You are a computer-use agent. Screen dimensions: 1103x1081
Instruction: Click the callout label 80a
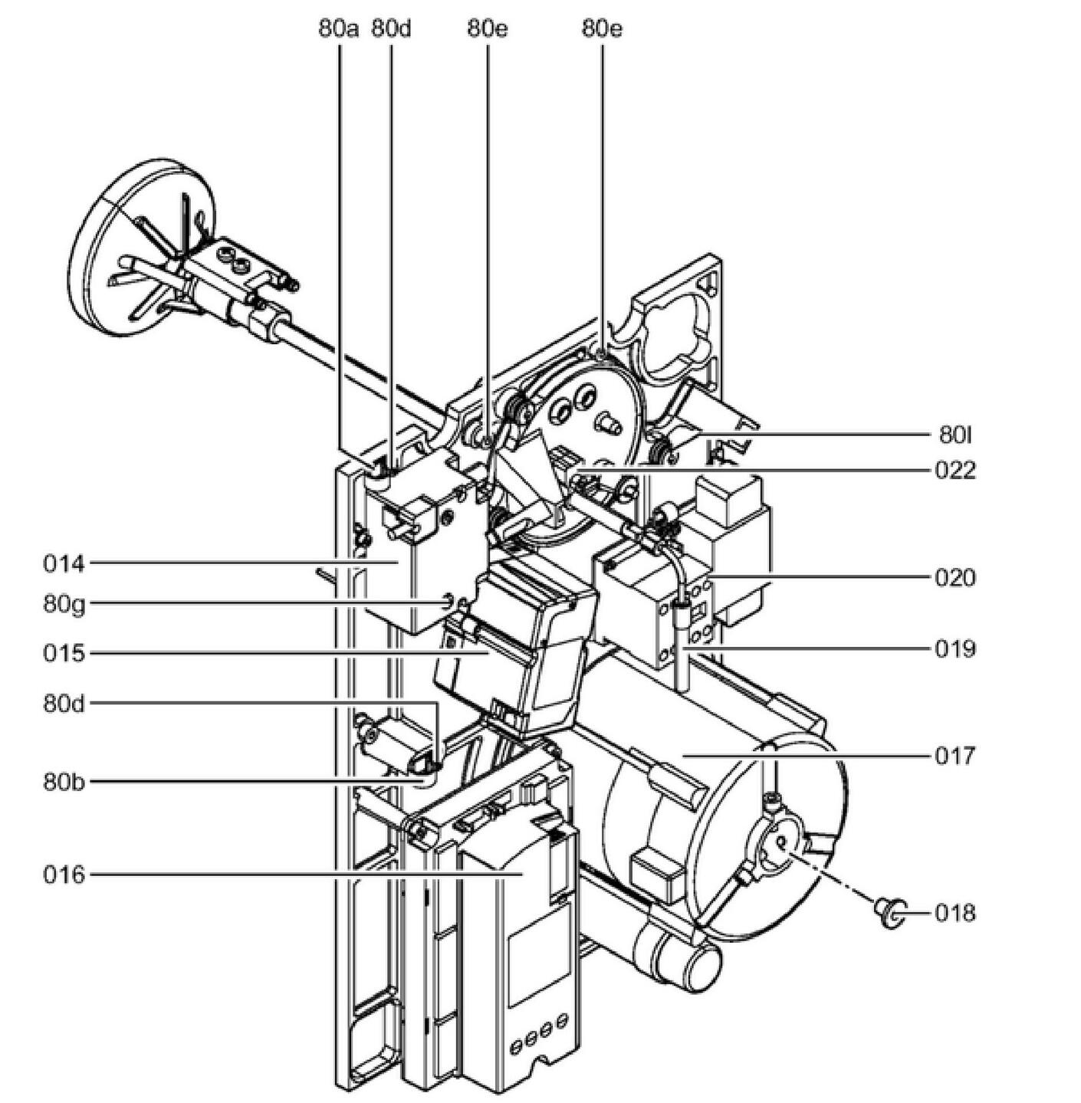pos(339,29)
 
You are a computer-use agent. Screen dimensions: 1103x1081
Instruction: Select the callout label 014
pos(63,564)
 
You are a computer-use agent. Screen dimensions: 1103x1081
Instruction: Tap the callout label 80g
pos(64,604)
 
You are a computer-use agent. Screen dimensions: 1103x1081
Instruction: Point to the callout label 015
pos(63,654)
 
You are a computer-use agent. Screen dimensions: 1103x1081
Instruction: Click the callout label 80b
pos(64,782)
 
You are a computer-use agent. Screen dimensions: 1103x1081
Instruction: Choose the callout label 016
pos(63,874)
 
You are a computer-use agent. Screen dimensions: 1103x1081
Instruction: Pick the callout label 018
pos(955,913)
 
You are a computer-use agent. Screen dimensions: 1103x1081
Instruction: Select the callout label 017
pos(955,756)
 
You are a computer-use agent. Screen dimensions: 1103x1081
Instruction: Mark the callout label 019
pos(955,649)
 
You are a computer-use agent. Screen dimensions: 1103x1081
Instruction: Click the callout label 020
pos(955,577)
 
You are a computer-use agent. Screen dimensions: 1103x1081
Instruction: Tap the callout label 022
pos(955,469)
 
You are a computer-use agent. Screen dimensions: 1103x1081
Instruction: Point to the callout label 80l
pos(955,435)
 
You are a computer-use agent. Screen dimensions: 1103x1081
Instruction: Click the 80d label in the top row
pos(391,29)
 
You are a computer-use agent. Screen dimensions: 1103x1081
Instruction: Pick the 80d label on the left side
pos(64,703)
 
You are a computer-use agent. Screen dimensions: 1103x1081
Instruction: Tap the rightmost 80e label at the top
pos(602,29)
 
